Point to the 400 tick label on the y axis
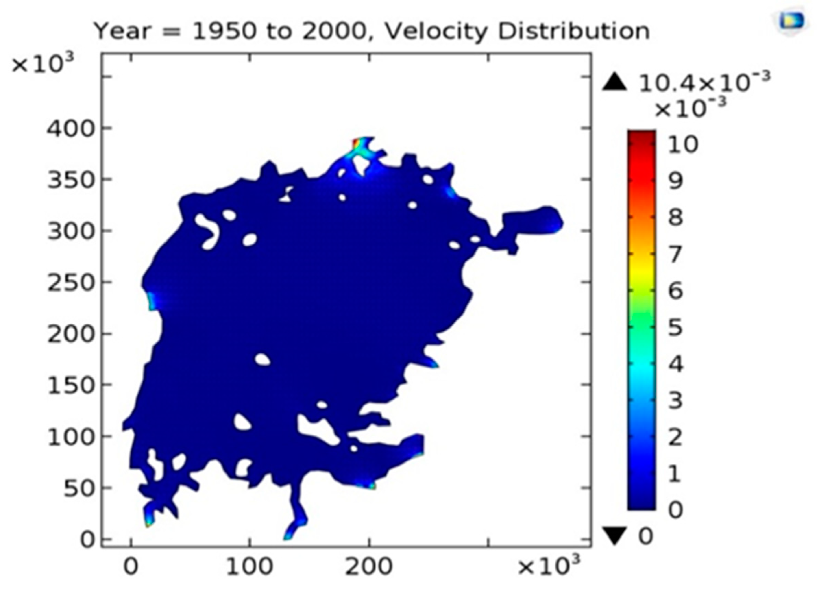70,129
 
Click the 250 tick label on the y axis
70,283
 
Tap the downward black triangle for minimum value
614,536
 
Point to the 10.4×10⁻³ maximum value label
704,82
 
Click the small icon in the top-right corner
791,21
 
